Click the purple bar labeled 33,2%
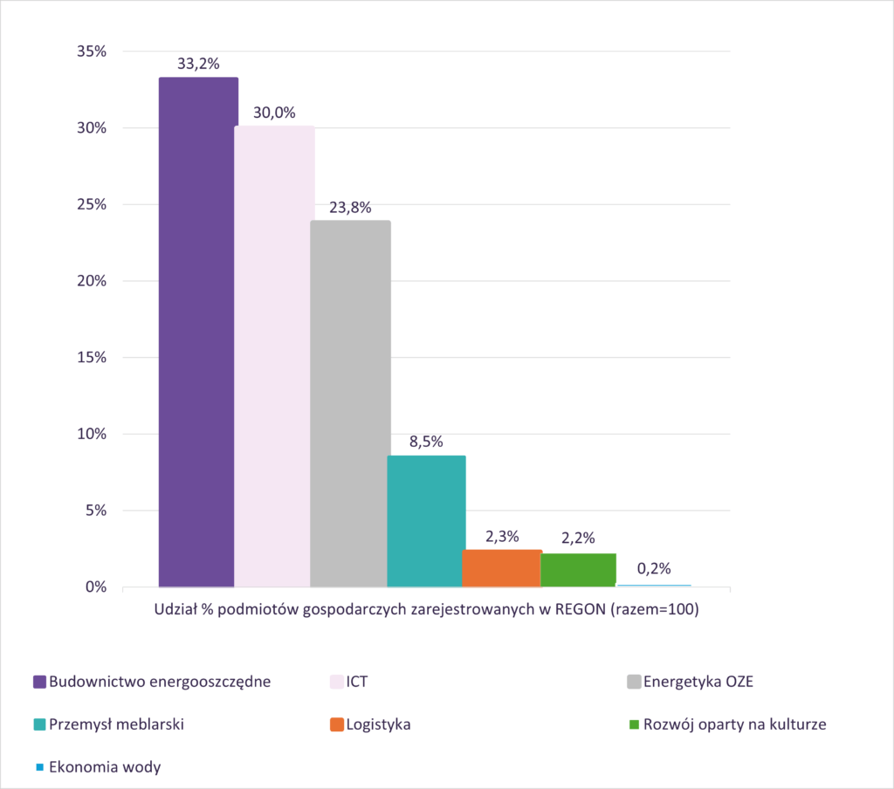[x=198, y=332]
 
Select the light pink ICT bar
[x=274, y=356]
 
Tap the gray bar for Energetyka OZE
[x=350, y=403]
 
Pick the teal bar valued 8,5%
[x=426, y=521]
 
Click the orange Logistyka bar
[x=502, y=568]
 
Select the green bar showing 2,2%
[x=578, y=570]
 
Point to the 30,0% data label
[x=274, y=113]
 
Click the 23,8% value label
[x=350, y=208]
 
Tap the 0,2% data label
[x=654, y=568]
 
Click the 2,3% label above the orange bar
[x=502, y=537]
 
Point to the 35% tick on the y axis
[x=92, y=51]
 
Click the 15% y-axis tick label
[x=92, y=358]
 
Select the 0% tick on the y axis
[x=96, y=587]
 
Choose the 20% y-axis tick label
[x=92, y=281]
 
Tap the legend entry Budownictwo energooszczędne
[x=152, y=682]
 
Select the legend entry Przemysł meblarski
[x=109, y=724]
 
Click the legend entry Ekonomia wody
[x=98, y=767]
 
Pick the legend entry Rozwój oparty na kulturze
[x=727, y=724]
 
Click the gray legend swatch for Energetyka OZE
[x=634, y=682]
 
